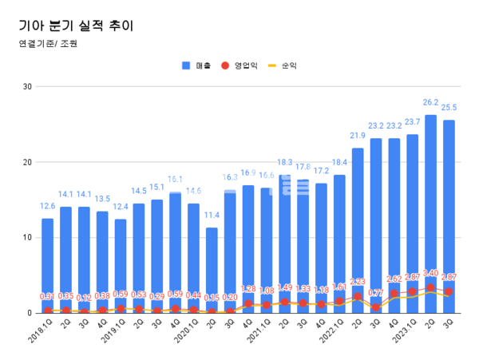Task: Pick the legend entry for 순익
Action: (290, 65)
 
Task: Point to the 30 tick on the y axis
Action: (27, 86)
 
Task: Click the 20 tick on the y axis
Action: (27, 162)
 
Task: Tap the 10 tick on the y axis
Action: (27, 238)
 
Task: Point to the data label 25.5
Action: (449, 108)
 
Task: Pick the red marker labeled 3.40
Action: (430, 287)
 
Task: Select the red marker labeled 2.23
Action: (358, 296)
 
